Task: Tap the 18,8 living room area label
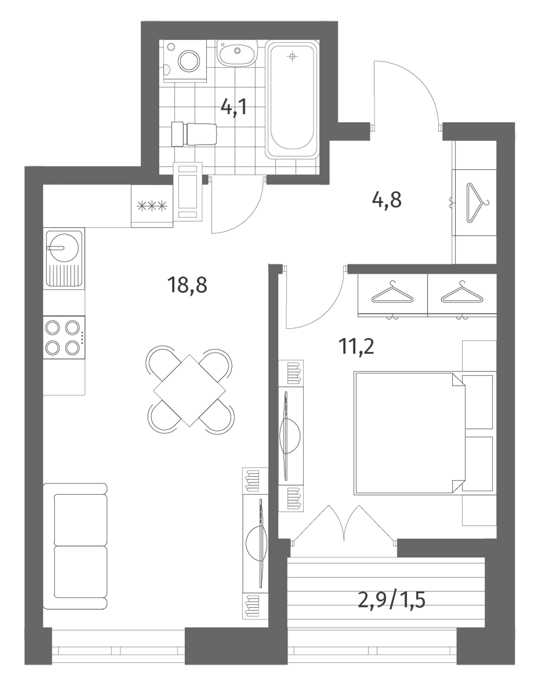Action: coord(187,285)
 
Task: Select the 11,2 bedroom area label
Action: coord(356,346)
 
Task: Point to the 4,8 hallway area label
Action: coord(386,200)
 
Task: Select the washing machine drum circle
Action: coord(189,61)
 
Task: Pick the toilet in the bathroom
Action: coord(194,134)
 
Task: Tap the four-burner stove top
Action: coord(64,337)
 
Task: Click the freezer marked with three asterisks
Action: coord(152,206)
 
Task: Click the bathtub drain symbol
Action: coord(292,57)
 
